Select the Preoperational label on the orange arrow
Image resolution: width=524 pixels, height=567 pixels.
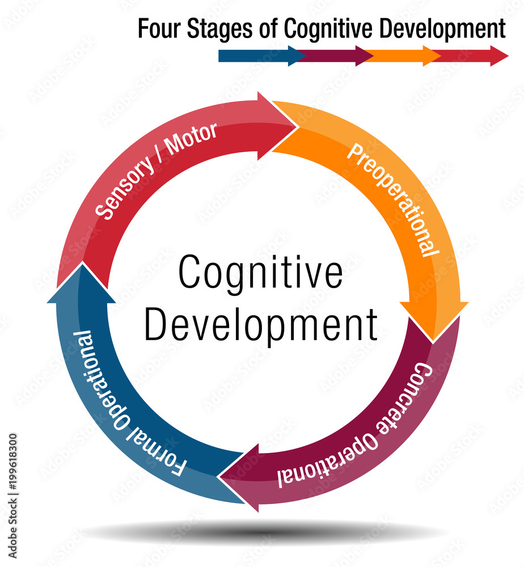pos(393,198)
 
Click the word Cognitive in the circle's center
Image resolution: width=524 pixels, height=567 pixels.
pos(261,272)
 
